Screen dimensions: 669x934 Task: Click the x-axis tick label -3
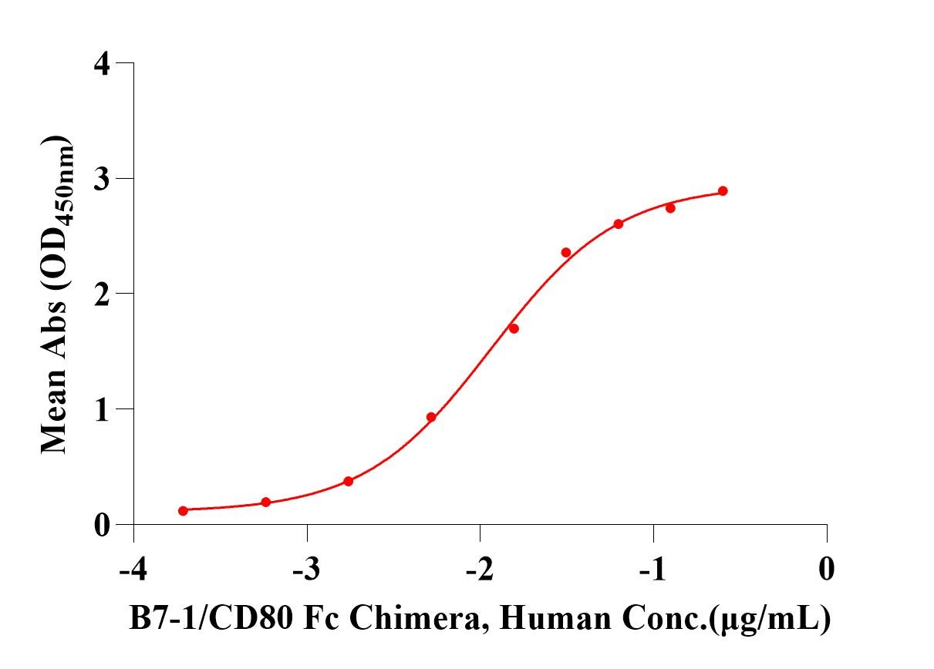[307, 570]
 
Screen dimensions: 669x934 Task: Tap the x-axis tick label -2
[480, 570]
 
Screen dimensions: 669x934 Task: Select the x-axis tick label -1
[653, 570]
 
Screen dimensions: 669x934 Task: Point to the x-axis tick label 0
[827, 570]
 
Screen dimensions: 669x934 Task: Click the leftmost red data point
[183, 510]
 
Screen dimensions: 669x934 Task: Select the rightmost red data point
[723, 191]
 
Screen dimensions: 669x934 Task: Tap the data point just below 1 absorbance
[431, 417]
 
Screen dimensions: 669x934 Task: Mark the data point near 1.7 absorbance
[514, 328]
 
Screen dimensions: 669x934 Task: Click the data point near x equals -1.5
[566, 253]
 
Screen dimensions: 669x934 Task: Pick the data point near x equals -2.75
[348, 481]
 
